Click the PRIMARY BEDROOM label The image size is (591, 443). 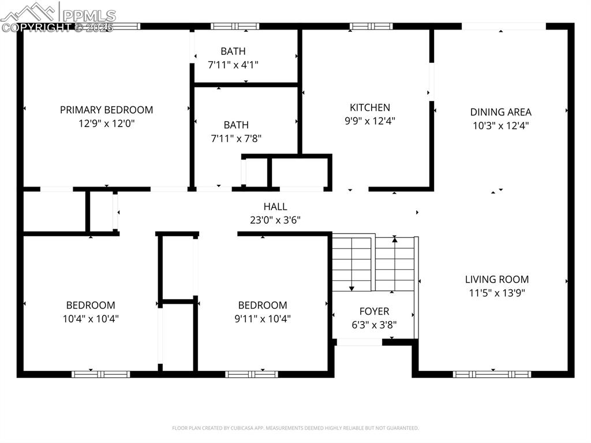[106, 110]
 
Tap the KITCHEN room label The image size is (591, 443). [370, 107]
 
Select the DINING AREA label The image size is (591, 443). [500, 112]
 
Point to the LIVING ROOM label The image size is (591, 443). [496, 279]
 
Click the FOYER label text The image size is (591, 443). [374, 311]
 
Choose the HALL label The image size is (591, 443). [275, 207]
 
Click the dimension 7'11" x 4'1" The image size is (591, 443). [233, 65]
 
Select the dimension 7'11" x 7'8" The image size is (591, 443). [236, 139]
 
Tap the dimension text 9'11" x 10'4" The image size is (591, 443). [263, 318]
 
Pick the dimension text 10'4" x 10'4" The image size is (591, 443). [90, 318]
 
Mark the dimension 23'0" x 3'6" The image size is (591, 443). [275, 220]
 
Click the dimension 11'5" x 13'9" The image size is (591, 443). [496, 293]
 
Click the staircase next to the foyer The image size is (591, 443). [373, 263]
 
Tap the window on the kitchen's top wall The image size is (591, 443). [371, 26]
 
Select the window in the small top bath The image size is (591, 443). [235, 26]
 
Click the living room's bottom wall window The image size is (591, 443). [492, 374]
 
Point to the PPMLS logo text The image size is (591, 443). [89, 15]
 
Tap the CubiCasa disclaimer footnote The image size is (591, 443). [295, 428]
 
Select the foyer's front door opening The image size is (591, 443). [359, 342]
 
